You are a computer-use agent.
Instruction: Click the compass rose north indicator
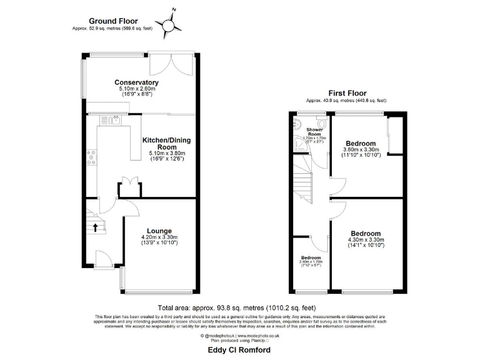[x=169, y=24]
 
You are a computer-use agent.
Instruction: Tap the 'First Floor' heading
[x=346, y=93]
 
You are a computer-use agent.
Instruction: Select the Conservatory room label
[x=136, y=82]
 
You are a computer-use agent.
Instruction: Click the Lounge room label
[x=159, y=231]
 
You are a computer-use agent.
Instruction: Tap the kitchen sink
[x=116, y=120]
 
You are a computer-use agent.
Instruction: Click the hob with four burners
[x=92, y=157]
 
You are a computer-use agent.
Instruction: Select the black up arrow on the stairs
[x=95, y=226]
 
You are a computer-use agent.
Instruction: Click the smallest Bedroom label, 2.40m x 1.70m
[x=311, y=257]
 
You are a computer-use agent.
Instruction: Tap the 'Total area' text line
[x=237, y=308]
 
